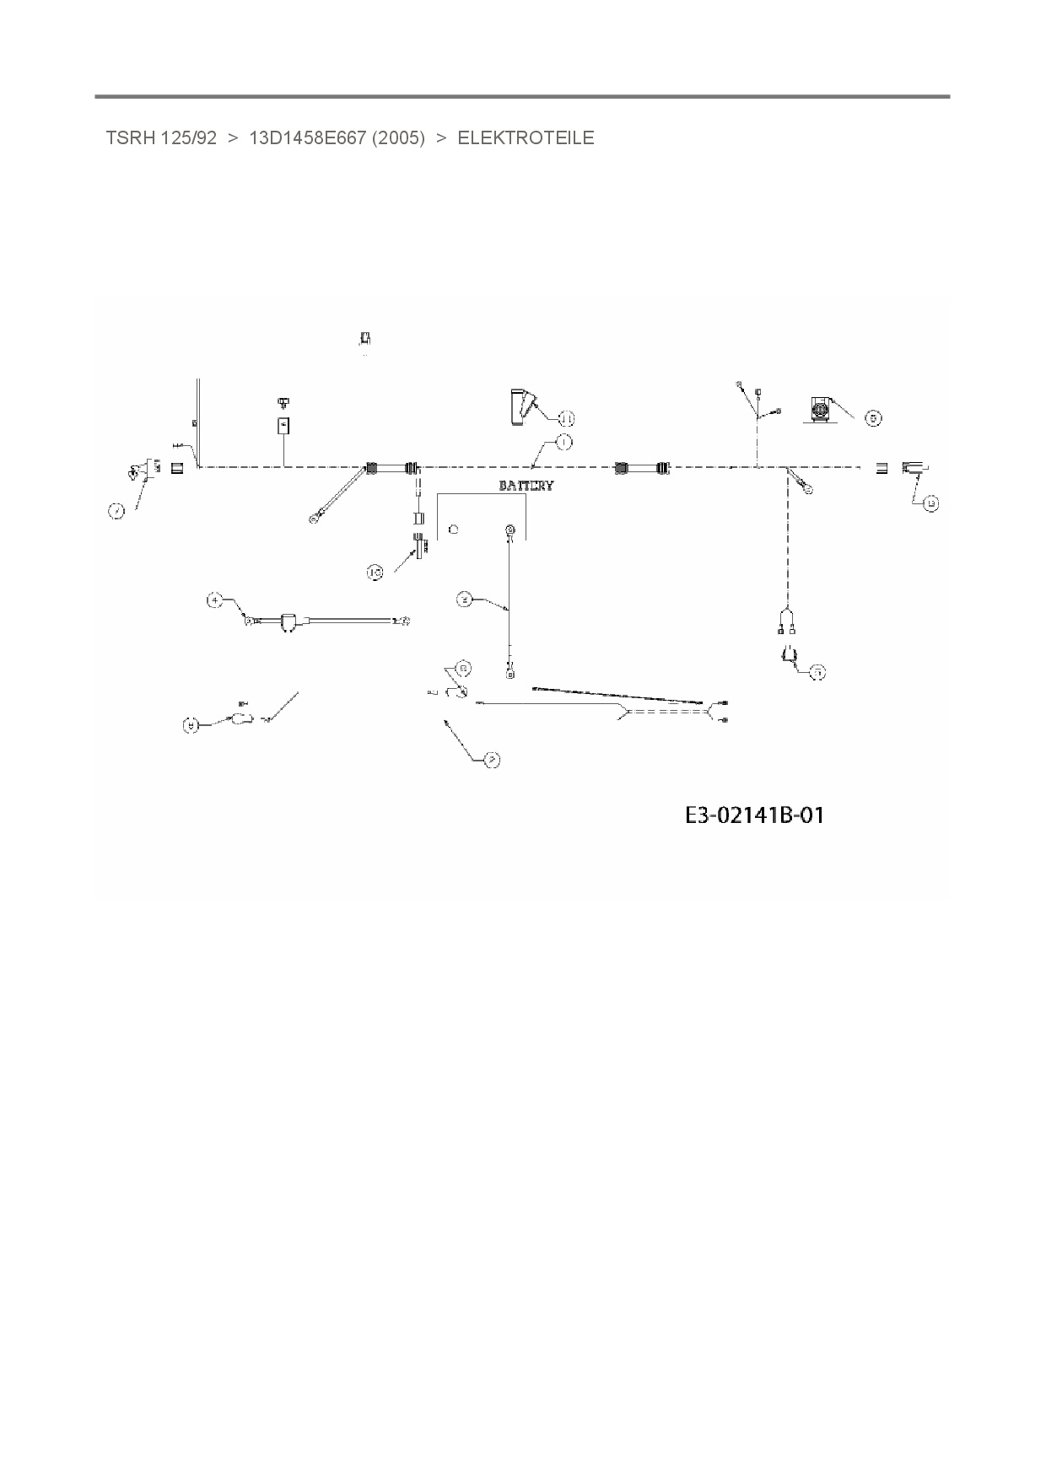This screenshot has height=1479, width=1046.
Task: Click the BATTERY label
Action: tap(526, 486)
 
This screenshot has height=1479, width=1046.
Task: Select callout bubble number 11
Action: tap(566, 418)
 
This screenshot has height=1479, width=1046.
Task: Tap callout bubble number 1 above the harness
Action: tap(563, 441)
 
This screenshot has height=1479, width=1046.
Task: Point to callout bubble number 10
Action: tap(375, 573)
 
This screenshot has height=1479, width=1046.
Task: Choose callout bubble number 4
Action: tap(215, 600)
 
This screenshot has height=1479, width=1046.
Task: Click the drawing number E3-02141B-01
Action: tap(754, 815)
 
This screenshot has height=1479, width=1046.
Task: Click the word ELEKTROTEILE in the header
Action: tap(526, 138)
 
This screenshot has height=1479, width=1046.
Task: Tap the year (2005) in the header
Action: tap(397, 138)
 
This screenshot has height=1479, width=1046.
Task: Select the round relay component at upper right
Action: tap(819, 409)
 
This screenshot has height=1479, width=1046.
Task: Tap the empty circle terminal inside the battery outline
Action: tap(454, 530)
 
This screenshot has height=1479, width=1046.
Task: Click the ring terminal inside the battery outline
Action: tap(510, 530)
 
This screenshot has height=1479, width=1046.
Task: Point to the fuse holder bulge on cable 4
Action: tap(288, 622)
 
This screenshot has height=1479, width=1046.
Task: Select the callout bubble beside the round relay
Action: tap(874, 418)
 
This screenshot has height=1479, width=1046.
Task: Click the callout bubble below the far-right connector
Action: tap(930, 504)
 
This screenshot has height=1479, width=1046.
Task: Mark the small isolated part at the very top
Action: tap(365, 338)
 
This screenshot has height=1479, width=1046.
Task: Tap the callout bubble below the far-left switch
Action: tap(116, 510)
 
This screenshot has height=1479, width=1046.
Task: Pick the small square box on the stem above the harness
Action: tap(284, 426)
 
